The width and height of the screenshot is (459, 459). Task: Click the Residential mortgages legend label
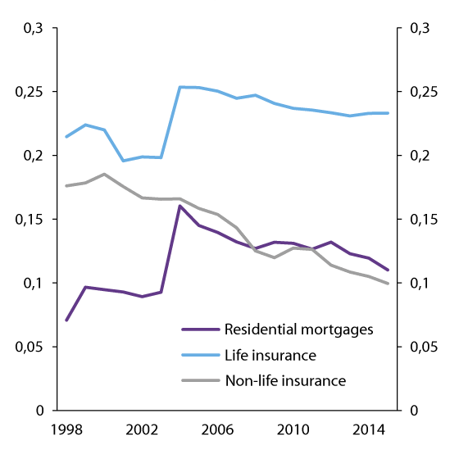pyautogui.click(x=298, y=329)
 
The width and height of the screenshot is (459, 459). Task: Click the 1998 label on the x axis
pyautogui.click(x=66, y=429)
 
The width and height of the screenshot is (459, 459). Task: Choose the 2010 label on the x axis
pyautogui.click(x=293, y=429)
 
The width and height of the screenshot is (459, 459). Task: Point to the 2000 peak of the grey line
pyautogui.click(x=104, y=174)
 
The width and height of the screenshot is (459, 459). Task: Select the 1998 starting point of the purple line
pyautogui.click(x=66, y=320)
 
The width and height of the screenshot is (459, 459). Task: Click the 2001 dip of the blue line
pyautogui.click(x=123, y=161)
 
